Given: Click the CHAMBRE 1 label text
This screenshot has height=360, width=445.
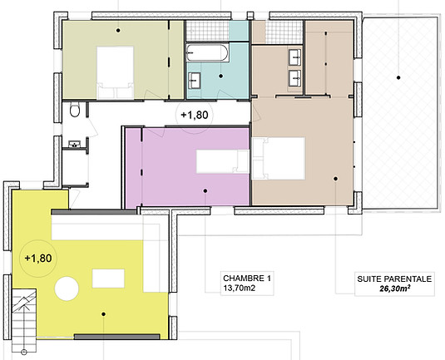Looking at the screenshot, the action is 247,279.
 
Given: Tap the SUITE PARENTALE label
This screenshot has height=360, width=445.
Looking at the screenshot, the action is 394,279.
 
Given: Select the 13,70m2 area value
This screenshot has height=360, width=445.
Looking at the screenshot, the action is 240,288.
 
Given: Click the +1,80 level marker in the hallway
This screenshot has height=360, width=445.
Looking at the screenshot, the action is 195,115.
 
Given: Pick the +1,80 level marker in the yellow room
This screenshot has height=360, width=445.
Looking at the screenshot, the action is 38,259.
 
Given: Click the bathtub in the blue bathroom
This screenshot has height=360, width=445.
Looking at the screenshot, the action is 207,52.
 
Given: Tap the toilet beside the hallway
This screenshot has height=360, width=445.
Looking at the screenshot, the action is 75,110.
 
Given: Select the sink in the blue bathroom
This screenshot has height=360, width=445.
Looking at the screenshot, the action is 195,80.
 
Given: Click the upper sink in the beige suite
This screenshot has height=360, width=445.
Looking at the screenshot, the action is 295,57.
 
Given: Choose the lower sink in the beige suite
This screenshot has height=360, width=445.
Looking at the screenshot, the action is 295,78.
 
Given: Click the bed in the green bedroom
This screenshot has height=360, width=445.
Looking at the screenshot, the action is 116,72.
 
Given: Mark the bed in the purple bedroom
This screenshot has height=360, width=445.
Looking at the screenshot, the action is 223,161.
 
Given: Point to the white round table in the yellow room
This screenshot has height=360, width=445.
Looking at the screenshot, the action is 67,288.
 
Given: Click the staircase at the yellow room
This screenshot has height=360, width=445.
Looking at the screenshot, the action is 24,321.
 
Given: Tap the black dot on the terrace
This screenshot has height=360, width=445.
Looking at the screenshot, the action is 398,77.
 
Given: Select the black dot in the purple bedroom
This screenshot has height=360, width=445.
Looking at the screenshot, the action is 205,190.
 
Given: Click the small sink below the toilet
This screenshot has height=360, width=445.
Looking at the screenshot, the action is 75,144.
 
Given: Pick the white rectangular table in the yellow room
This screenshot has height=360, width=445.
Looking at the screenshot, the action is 108,279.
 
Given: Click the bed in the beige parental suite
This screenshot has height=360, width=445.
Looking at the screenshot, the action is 279,159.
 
